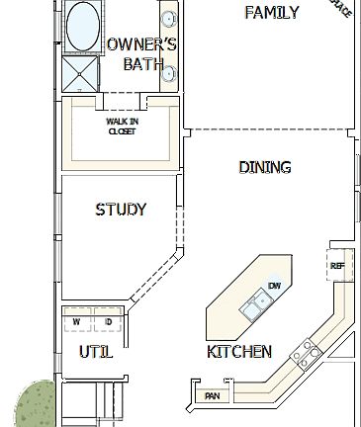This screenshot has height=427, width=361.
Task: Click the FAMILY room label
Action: pyautogui.click(x=272, y=13)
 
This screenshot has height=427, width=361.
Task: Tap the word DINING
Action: pyautogui.click(x=265, y=167)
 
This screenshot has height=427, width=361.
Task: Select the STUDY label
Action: pyautogui.click(x=121, y=210)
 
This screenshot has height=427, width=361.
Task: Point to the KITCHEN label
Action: pyautogui.click(x=239, y=352)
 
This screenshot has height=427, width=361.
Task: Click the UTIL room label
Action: pyautogui.click(x=95, y=352)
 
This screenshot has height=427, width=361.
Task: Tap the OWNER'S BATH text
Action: pyautogui.click(x=141, y=54)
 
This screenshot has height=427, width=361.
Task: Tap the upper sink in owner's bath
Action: pyautogui.click(x=169, y=19)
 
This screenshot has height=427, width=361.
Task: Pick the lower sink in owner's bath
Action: pyautogui.click(x=169, y=71)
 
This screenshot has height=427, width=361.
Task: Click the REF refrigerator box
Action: pyautogui.click(x=336, y=265)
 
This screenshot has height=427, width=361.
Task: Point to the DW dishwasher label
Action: pyautogui.click(x=275, y=285)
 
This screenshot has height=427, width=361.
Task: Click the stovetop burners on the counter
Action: pyautogui.click(x=306, y=351)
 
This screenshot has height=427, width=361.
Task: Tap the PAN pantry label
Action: pyautogui.click(x=211, y=396)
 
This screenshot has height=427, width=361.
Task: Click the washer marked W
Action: pyautogui.click(x=76, y=322)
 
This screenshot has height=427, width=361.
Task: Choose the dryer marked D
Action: pyautogui.click(x=106, y=322)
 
